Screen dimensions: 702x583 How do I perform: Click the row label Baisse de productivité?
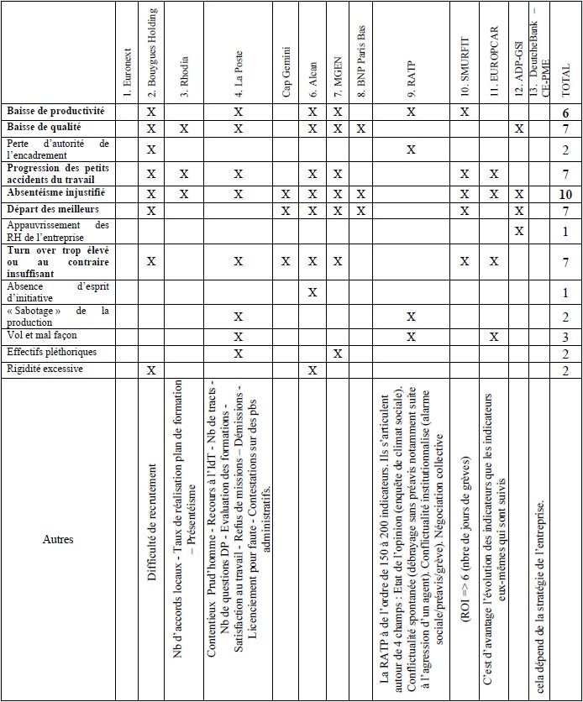click(x=56, y=111)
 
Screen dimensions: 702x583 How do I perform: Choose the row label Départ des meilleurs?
click(x=53, y=209)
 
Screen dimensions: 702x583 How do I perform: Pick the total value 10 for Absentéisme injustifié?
click(x=565, y=194)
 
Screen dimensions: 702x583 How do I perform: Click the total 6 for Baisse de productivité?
click(x=565, y=112)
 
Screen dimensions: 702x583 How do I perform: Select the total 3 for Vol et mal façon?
click(x=565, y=337)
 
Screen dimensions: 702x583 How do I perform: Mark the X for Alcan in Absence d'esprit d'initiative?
click(x=313, y=292)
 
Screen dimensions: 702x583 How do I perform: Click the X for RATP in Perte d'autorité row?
click(x=411, y=149)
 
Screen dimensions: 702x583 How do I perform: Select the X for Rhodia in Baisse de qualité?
click(x=183, y=128)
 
